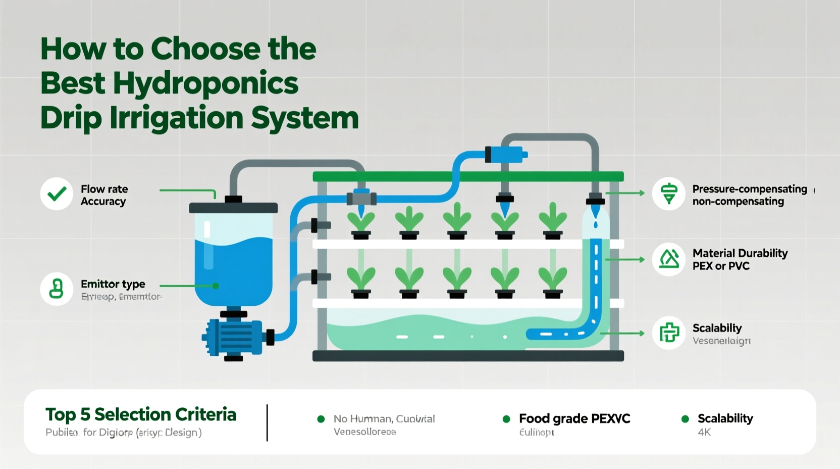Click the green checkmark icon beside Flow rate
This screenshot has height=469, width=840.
tap(57, 194)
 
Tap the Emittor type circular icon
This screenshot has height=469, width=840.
tap(57, 289)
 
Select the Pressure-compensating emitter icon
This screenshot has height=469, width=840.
tap(669, 194)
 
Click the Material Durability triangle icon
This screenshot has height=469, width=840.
tap(669, 259)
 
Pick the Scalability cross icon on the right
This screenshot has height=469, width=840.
tap(669, 333)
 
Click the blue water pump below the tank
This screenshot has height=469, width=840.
tap(233, 336)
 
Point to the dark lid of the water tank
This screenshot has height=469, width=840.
tap(233, 208)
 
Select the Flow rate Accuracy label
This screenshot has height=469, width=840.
tap(104, 195)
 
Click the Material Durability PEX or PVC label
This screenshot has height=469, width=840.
tap(740, 259)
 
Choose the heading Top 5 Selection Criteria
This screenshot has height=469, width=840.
tap(141, 414)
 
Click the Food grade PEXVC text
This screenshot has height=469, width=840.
tap(574, 418)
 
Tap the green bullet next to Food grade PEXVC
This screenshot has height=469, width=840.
tap(506, 419)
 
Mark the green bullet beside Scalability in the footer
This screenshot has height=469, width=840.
tap(685, 419)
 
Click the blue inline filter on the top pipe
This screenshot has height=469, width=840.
tap(506, 154)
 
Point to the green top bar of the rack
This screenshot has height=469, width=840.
tap(468, 176)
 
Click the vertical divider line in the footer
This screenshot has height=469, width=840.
tap(267, 423)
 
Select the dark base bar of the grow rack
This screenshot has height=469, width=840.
tap(468, 356)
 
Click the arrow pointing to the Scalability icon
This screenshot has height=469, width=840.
tap(623, 334)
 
